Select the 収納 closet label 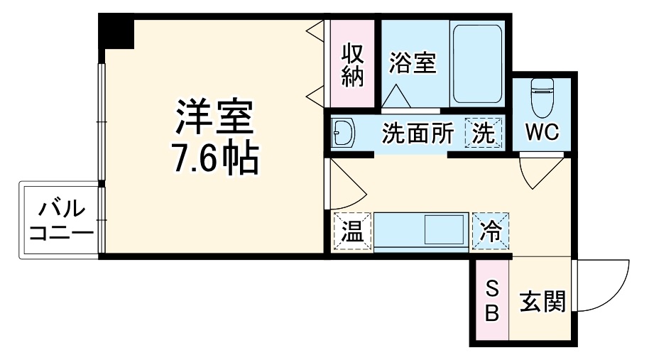(352, 65)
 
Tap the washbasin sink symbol (345, 133)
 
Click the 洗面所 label (418, 133)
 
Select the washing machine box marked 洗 (484, 133)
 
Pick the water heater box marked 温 (352, 231)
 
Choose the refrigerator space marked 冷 (491, 231)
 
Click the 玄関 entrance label (543, 302)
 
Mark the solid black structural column (116, 31)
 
